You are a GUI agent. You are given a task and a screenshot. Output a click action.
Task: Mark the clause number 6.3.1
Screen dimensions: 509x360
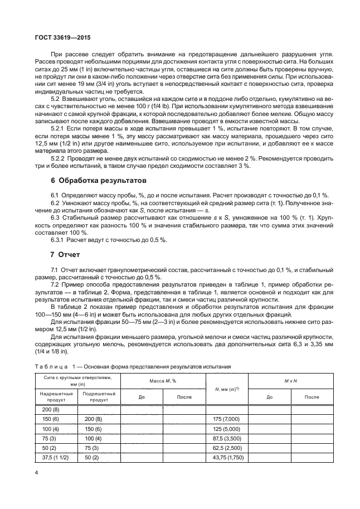tap(59, 240)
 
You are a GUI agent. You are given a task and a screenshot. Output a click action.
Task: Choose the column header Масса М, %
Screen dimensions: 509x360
tap(163, 380)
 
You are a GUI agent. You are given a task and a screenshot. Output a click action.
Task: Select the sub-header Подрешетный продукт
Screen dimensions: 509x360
tap(99, 396)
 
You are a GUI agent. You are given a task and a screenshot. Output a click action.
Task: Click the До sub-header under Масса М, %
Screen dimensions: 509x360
tap(142, 396)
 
